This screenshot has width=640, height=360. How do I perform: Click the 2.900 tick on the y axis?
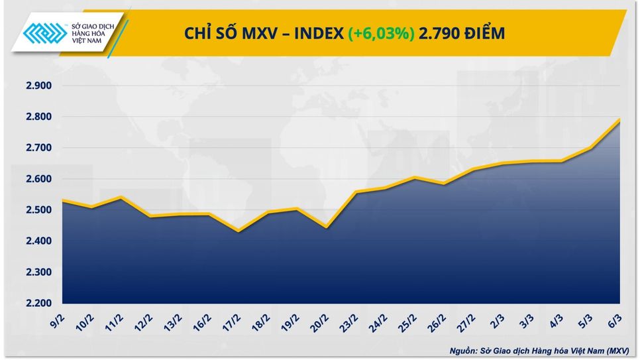click(34, 86)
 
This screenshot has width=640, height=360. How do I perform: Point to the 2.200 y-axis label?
click(34, 304)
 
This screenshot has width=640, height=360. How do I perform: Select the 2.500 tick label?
click(34, 210)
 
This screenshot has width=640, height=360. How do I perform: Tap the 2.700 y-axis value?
click(34, 148)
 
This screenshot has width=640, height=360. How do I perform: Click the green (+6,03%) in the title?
click(381, 33)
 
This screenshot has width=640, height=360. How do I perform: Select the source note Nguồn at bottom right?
click(463, 350)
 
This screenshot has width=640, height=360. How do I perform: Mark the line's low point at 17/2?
click(239, 231)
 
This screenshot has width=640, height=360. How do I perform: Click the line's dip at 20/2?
click(327, 227)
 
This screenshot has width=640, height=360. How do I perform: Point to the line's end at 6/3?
click(619, 120)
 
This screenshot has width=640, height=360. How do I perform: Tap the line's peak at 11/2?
click(121, 197)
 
